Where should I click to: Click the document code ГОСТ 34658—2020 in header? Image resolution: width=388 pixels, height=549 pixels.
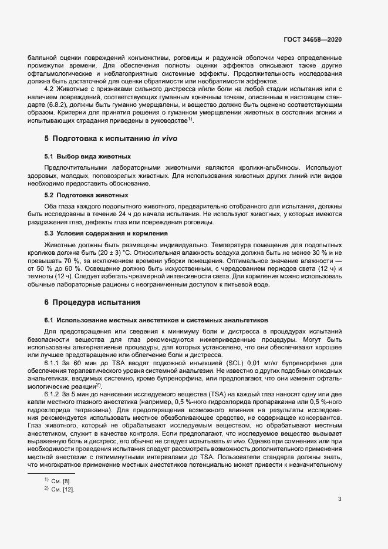(312, 39)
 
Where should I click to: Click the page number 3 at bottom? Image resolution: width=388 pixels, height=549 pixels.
(339, 500)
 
